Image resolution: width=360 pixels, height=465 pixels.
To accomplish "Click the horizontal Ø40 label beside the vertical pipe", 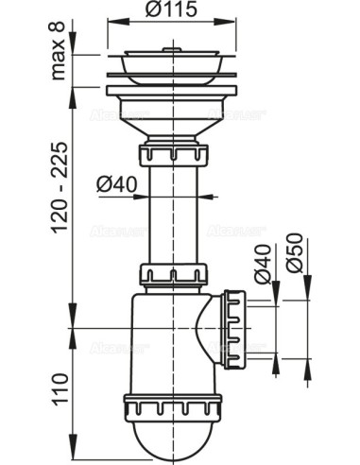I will tap(114, 185).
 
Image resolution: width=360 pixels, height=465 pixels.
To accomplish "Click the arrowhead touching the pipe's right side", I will tap(197, 196).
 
